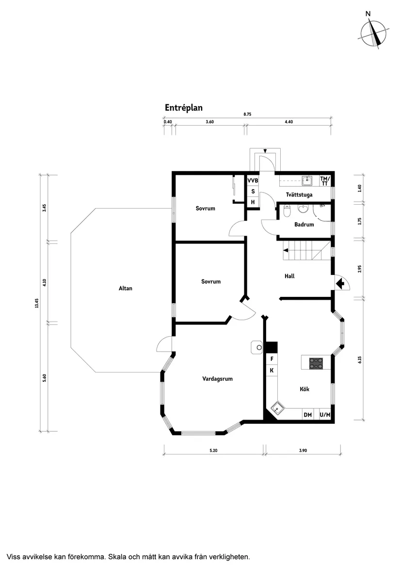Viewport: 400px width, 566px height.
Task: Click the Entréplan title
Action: pos(183,108)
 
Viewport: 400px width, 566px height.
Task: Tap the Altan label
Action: pos(126,288)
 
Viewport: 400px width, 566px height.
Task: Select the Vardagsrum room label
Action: pos(217,379)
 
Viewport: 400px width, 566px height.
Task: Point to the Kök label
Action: pos(304,389)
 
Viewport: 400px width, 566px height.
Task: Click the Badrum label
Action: pos(304,225)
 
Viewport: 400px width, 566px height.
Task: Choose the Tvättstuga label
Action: pos(299,194)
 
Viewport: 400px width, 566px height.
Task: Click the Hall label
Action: pos(289,276)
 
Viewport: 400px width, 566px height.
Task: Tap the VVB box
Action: pos(253,180)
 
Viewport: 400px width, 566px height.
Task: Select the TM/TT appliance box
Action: pos(325,180)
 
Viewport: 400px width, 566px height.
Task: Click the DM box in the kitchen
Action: pos(307,415)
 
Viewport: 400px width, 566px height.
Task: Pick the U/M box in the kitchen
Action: pos(325,415)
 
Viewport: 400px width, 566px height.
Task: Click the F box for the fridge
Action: pos(272,359)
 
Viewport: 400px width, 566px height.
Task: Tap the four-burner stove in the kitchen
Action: pos(316,363)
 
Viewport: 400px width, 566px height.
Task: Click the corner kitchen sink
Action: pos(277,408)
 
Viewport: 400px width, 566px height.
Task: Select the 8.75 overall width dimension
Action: pos(247,114)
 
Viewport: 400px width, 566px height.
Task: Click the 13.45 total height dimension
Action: pos(36,303)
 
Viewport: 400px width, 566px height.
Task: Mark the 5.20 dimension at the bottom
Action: pos(213,451)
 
